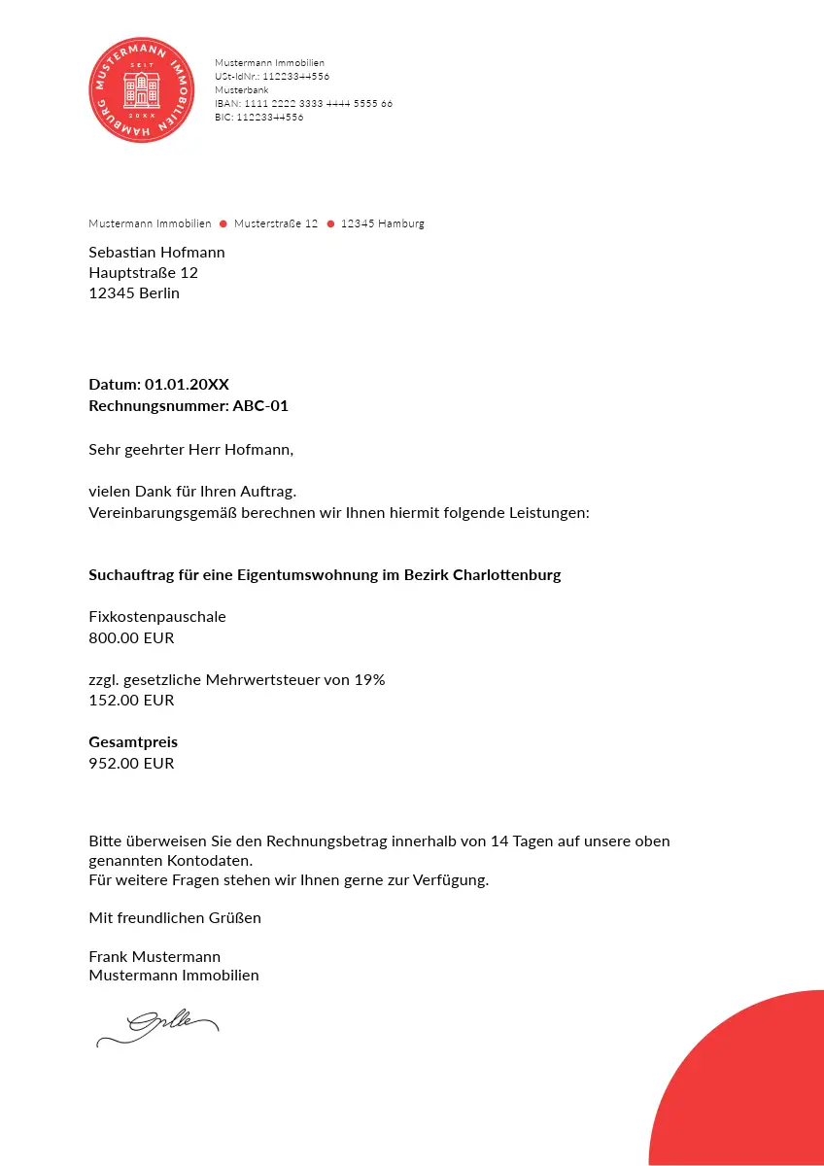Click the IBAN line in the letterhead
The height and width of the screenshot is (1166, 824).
tap(303, 103)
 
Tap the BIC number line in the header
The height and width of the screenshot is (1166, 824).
tap(258, 117)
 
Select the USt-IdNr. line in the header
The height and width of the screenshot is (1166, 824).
tap(272, 76)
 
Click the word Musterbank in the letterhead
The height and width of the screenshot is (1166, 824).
tap(242, 89)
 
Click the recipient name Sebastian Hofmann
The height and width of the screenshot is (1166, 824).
tap(156, 253)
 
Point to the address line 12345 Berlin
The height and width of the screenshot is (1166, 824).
tap(134, 293)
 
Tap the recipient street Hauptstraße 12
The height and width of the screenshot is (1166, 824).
tap(143, 273)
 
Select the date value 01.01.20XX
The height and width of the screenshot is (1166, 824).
tap(187, 385)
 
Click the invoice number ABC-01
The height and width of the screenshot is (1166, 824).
tap(260, 406)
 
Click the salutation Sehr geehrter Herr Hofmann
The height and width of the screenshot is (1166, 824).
tap(190, 450)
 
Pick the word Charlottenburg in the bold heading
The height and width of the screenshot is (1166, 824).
tap(507, 575)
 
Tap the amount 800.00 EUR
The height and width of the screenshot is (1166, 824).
tap(131, 638)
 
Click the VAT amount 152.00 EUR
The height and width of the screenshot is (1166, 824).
tap(131, 701)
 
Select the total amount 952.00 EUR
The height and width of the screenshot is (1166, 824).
tap(131, 764)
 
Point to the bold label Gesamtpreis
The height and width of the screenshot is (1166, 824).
tap(133, 742)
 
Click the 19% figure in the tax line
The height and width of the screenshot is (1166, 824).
tap(369, 680)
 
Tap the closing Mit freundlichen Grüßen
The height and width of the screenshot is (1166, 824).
tap(175, 918)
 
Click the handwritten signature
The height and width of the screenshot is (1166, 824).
tap(158, 1027)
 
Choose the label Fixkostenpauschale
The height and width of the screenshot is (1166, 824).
tap(157, 617)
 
